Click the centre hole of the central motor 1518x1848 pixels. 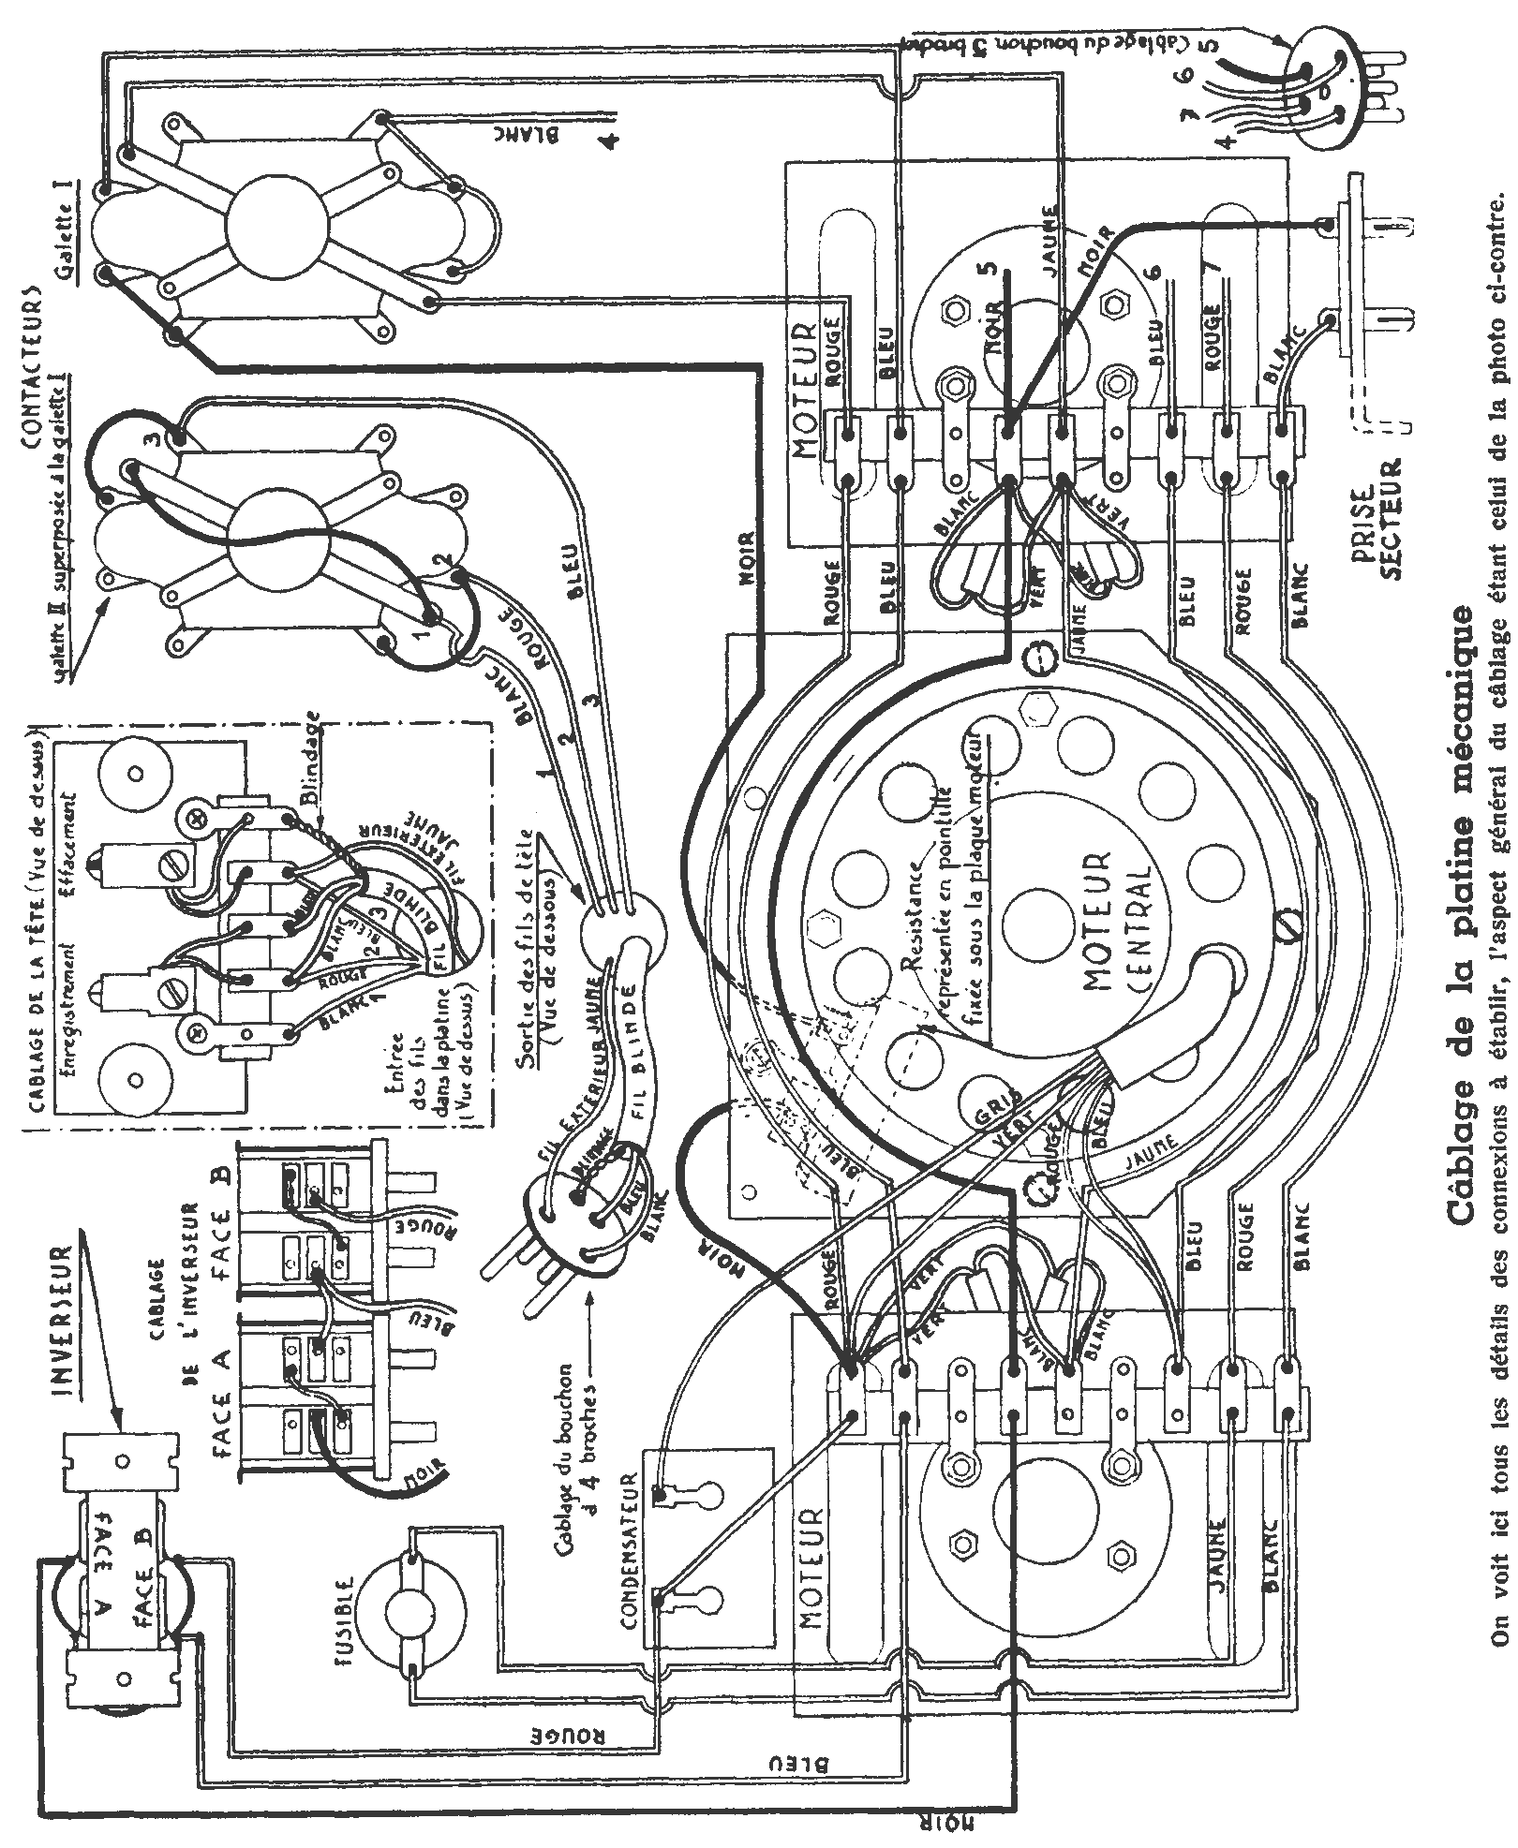point(1041,913)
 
